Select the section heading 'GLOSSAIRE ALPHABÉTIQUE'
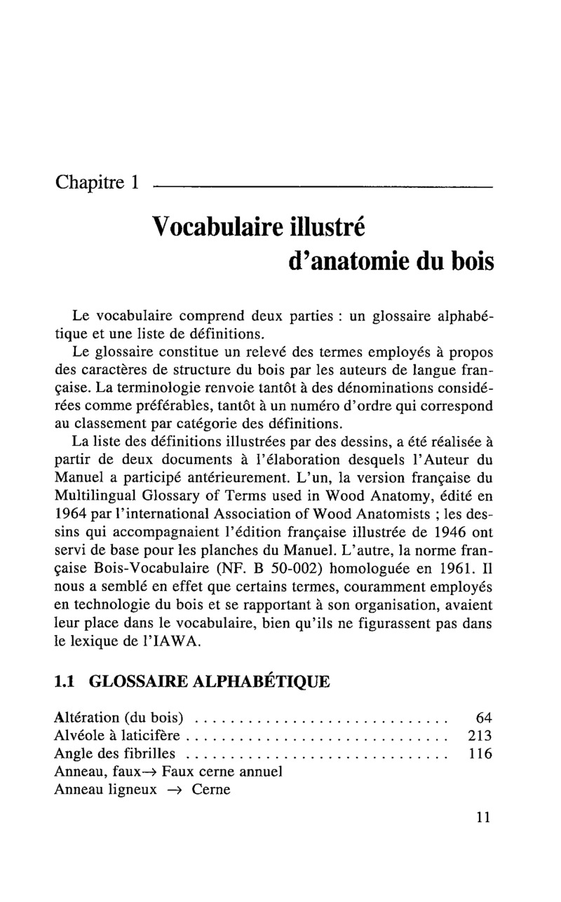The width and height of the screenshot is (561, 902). [x=210, y=682]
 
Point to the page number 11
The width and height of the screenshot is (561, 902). [x=482, y=817]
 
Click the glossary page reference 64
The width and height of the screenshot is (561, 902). [x=484, y=717]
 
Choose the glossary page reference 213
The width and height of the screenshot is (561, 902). [x=480, y=736]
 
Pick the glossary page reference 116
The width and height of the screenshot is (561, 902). [x=480, y=754]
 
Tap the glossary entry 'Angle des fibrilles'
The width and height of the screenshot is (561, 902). [x=115, y=754]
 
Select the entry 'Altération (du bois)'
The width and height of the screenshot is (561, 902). [x=119, y=717]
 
